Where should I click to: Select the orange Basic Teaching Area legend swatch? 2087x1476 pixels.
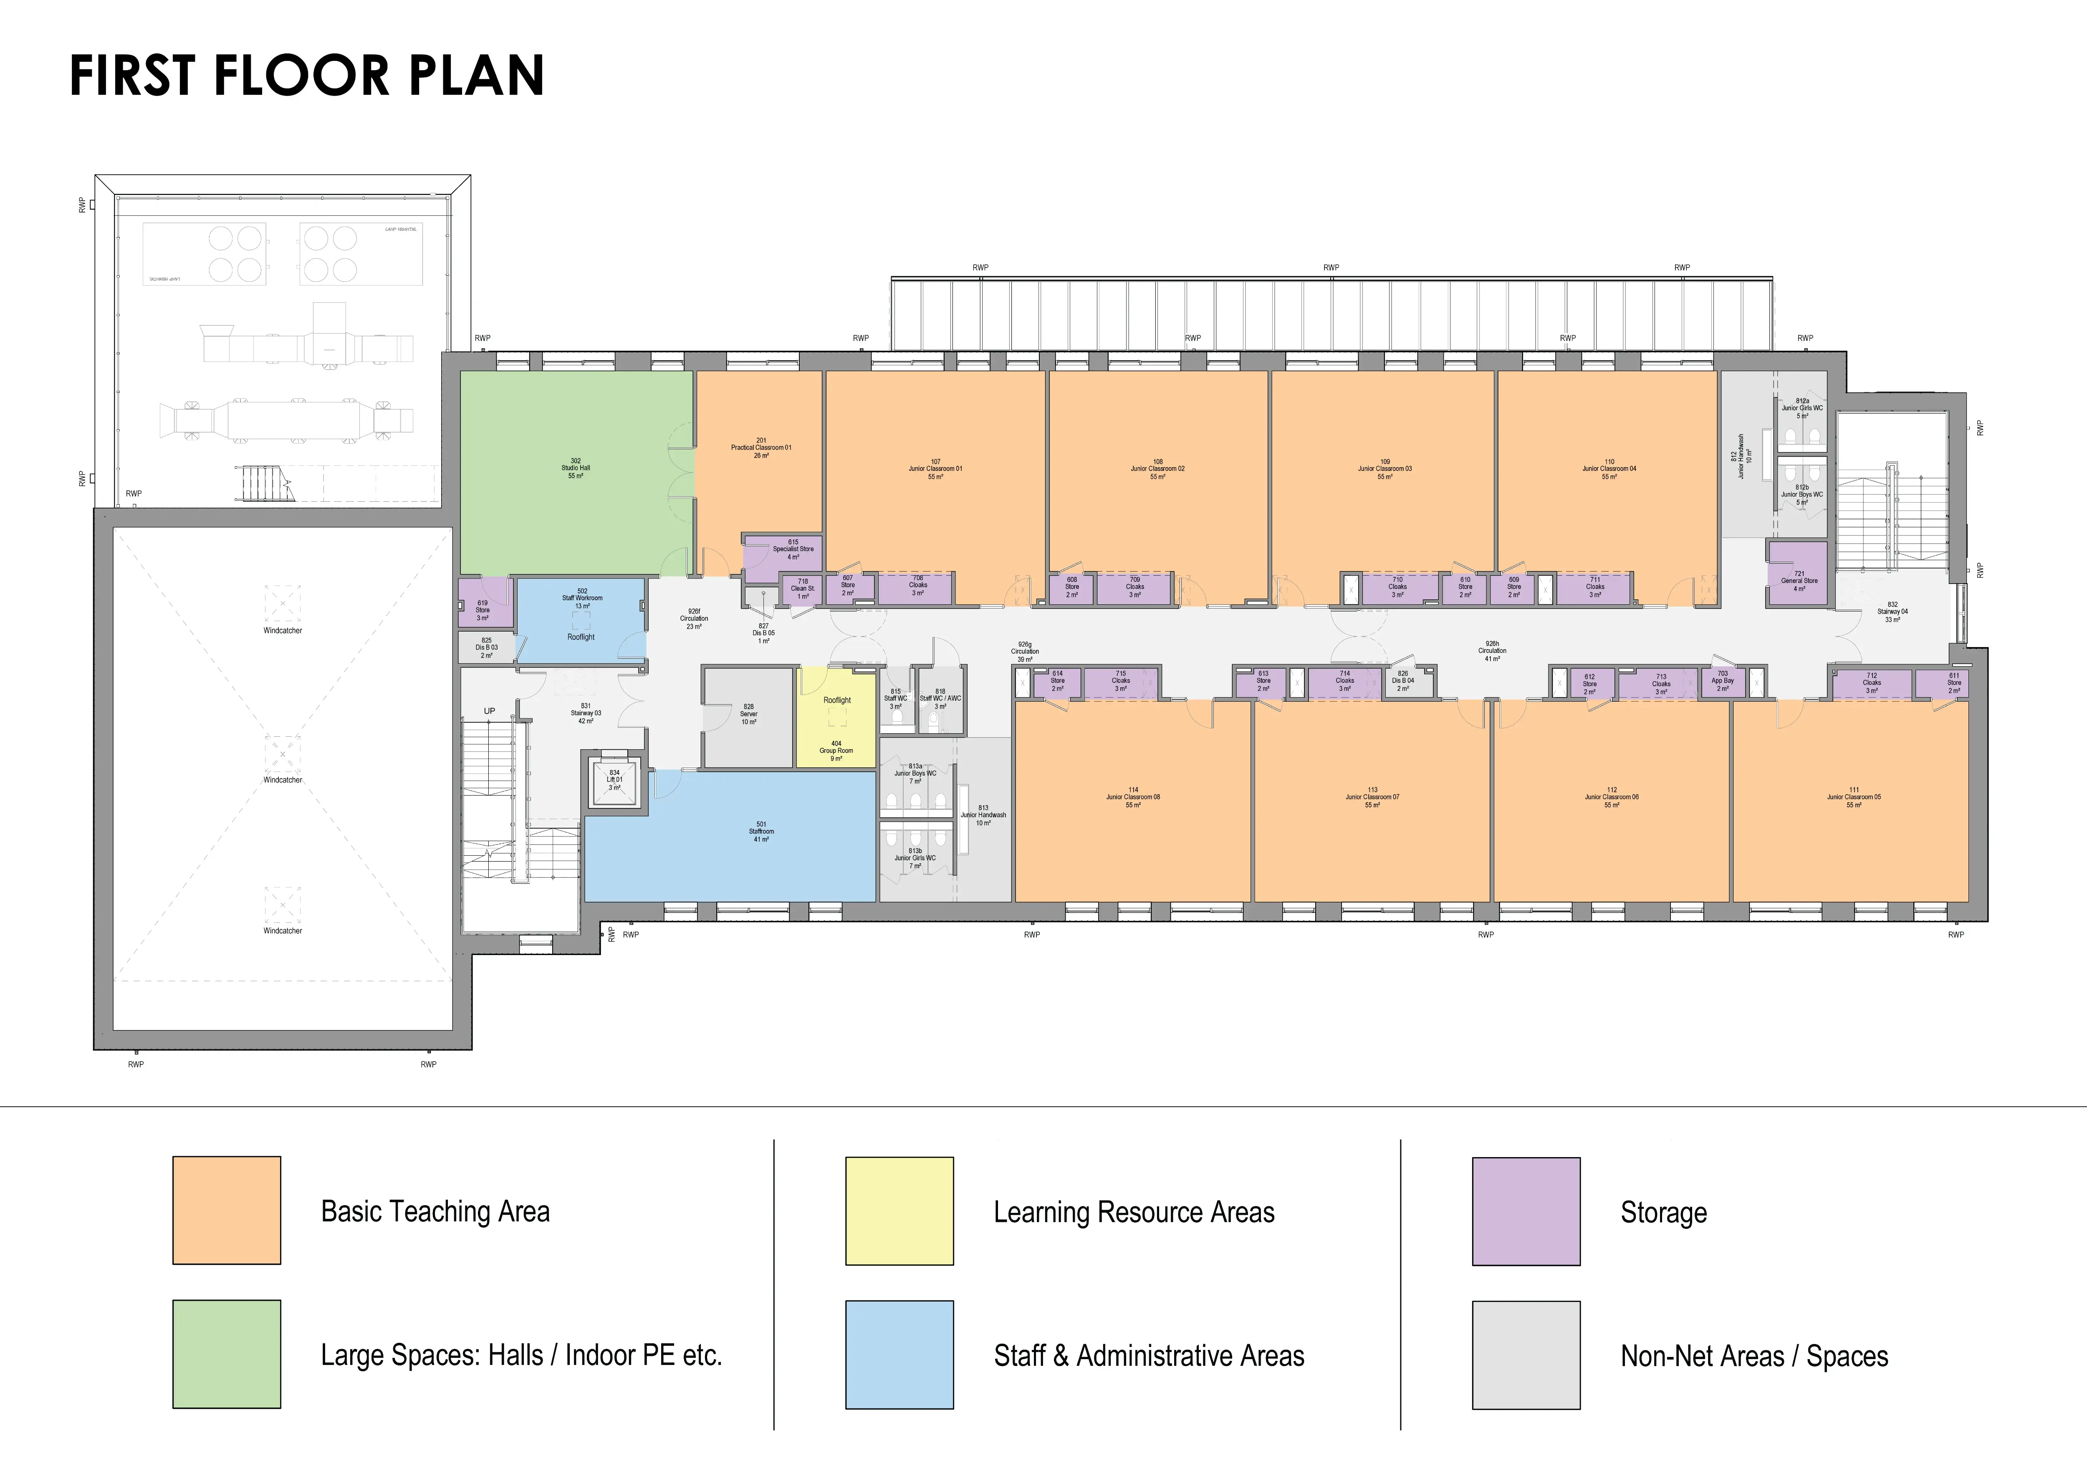click(x=226, y=1210)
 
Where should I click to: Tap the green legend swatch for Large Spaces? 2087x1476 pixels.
click(x=226, y=1353)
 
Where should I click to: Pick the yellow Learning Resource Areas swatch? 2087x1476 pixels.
click(x=899, y=1211)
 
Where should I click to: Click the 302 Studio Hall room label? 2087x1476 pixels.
click(x=575, y=468)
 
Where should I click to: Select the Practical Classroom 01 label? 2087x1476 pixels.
click(x=761, y=447)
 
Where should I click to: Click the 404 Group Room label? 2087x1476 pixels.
click(x=836, y=751)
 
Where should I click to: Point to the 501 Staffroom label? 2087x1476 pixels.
click(x=761, y=832)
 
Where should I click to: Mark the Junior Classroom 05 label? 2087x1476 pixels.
click(x=1853, y=797)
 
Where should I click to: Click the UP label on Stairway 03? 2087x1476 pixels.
click(x=489, y=711)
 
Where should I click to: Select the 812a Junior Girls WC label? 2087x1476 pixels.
click(x=1801, y=408)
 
